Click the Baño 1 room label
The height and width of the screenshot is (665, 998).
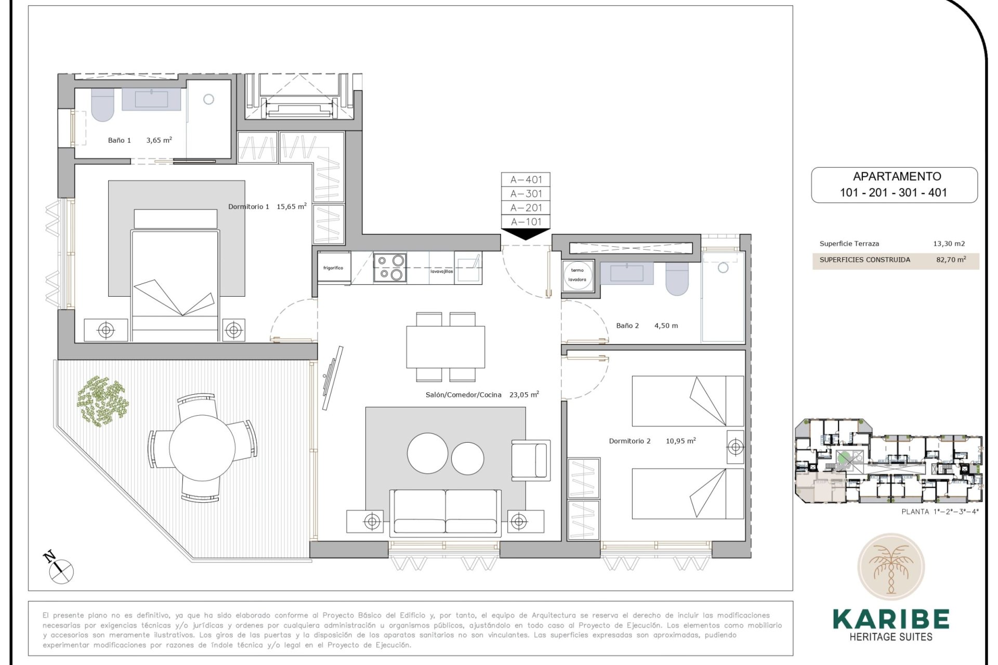pyautogui.click(x=119, y=140)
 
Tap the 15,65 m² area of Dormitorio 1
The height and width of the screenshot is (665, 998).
pyautogui.click(x=291, y=206)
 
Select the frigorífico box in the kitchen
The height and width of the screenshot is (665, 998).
pyautogui.click(x=333, y=268)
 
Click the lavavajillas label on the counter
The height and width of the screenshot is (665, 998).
pyautogui.click(x=441, y=271)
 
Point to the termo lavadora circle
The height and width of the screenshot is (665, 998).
pyautogui.click(x=577, y=275)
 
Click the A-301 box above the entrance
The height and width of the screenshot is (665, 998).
pyautogui.click(x=526, y=194)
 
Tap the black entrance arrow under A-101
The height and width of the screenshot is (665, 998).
pyautogui.click(x=526, y=234)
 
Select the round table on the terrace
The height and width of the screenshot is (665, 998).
pyautogui.click(x=202, y=448)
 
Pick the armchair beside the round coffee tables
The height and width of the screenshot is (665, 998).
pyautogui.click(x=530, y=459)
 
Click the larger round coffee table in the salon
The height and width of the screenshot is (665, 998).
pyautogui.click(x=427, y=454)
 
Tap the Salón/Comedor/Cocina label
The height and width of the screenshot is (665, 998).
pyautogui.click(x=463, y=395)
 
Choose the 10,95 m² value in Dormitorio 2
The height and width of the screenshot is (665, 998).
pyautogui.click(x=680, y=441)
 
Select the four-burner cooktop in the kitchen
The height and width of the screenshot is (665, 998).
pyautogui.click(x=390, y=267)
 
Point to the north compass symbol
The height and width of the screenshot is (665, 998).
pyautogui.click(x=59, y=568)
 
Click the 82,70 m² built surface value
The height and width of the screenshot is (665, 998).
pyautogui.click(x=951, y=260)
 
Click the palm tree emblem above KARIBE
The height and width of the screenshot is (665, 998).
pyautogui.click(x=890, y=567)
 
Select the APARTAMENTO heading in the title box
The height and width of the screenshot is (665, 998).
pyautogui.click(x=897, y=177)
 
